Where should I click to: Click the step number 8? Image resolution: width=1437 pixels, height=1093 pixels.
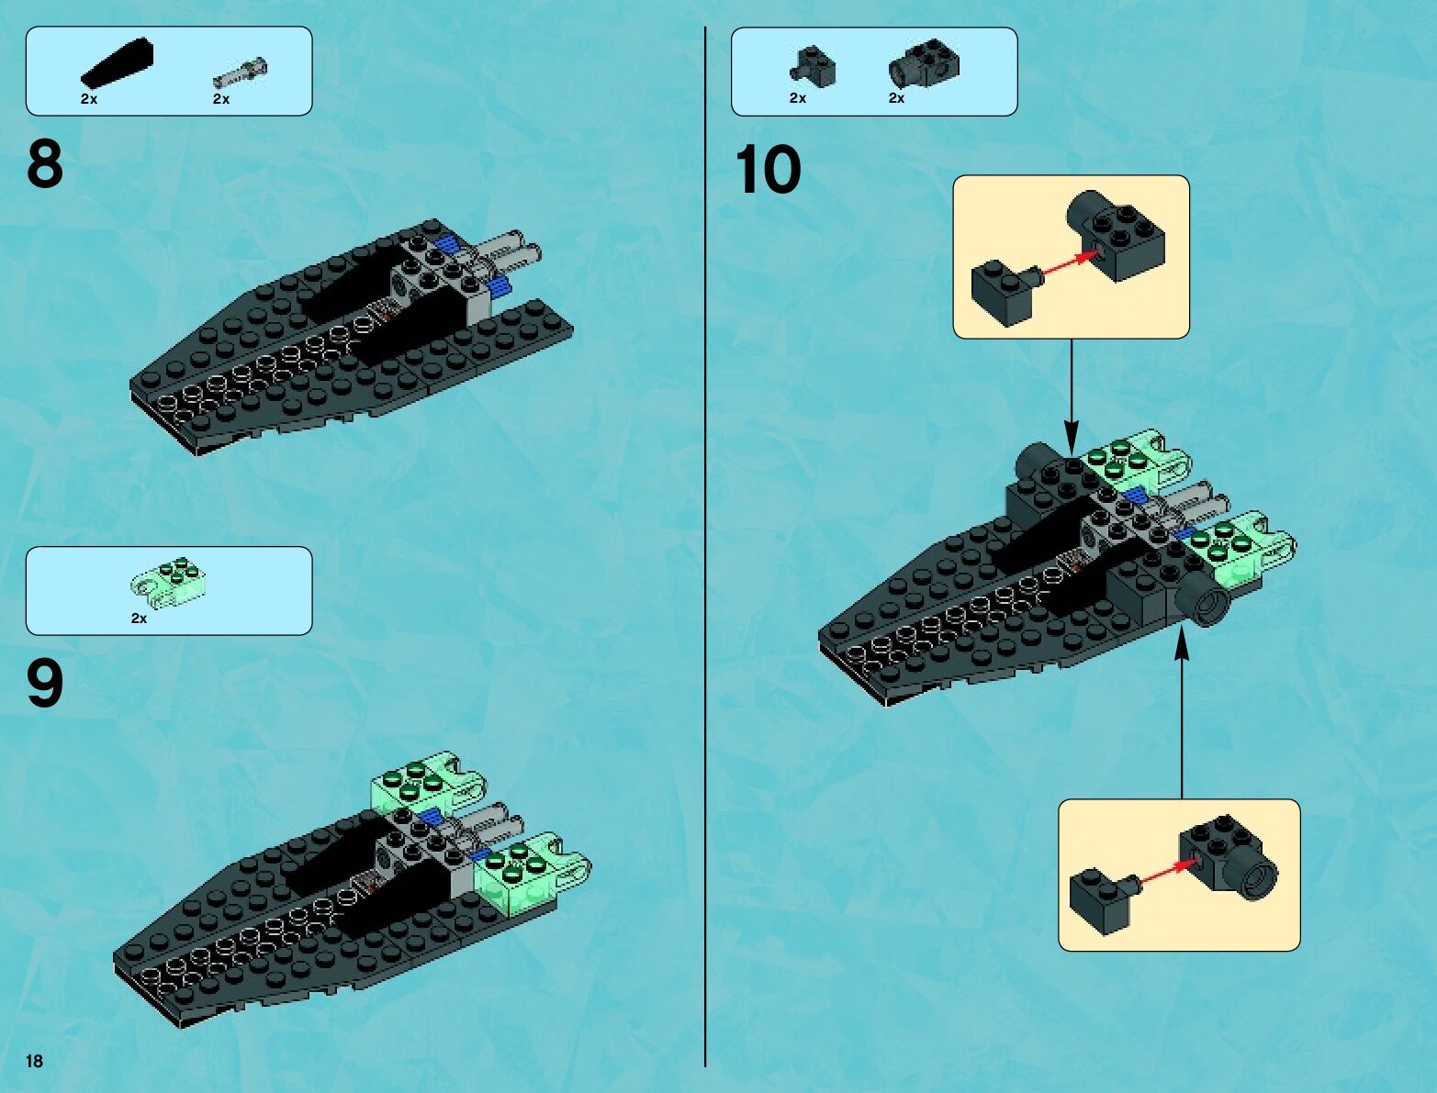tap(45, 164)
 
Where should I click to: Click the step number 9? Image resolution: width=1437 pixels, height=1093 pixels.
tap(45, 685)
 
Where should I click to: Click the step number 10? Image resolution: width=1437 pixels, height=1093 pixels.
tap(768, 171)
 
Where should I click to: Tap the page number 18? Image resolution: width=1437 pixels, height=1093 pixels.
tap(35, 1062)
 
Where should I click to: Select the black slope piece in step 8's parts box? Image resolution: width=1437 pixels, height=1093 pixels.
tap(117, 63)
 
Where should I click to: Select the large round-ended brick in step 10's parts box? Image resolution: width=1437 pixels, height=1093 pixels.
tap(924, 62)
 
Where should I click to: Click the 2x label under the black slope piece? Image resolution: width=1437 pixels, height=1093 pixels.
tap(89, 99)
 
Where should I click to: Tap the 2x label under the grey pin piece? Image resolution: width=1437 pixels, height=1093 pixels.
tap(221, 99)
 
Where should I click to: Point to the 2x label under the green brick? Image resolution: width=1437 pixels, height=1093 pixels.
tap(139, 619)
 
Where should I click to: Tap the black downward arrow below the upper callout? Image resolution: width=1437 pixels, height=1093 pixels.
tap(1071, 395)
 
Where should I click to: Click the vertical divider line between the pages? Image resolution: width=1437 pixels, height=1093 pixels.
tap(705, 551)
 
